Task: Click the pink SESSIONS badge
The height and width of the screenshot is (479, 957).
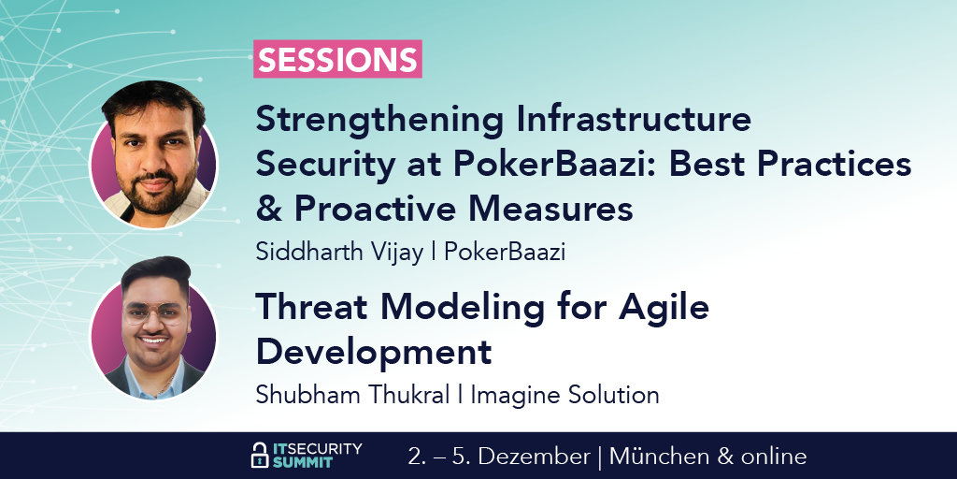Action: pyautogui.click(x=338, y=59)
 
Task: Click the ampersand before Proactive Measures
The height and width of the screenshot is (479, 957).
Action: pyautogui.click(x=268, y=209)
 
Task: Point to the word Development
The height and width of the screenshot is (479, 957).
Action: pyautogui.click(x=374, y=352)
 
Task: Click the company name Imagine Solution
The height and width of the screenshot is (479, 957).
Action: pyautogui.click(x=564, y=395)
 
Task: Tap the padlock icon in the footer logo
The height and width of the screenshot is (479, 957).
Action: pyautogui.click(x=260, y=456)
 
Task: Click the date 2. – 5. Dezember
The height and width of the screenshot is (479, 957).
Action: pyautogui.click(x=499, y=457)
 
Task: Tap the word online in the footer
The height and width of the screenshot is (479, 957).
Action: pyautogui.click(x=772, y=457)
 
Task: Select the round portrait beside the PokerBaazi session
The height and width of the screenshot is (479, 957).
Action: pyautogui.click(x=154, y=155)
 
